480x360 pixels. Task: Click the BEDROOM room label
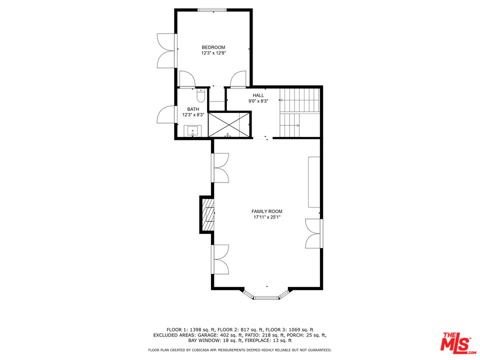(x=213, y=47)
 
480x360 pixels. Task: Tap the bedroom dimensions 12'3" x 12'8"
(x=213, y=53)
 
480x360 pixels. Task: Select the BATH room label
(x=193, y=109)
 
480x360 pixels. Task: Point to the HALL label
(x=258, y=95)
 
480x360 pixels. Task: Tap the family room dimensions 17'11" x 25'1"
(x=267, y=217)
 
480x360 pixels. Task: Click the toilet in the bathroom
(x=200, y=95)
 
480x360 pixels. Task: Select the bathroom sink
(x=193, y=131)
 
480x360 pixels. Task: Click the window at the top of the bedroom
(x=213, y=9)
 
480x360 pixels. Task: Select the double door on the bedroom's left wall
(x=167, y=50)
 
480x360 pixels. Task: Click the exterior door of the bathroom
(x=166, y=114)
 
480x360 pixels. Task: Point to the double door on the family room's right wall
(x=314, y=233)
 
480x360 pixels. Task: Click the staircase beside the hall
(x=299, y=112)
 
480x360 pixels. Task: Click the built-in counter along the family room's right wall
(x=314, y=182)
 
